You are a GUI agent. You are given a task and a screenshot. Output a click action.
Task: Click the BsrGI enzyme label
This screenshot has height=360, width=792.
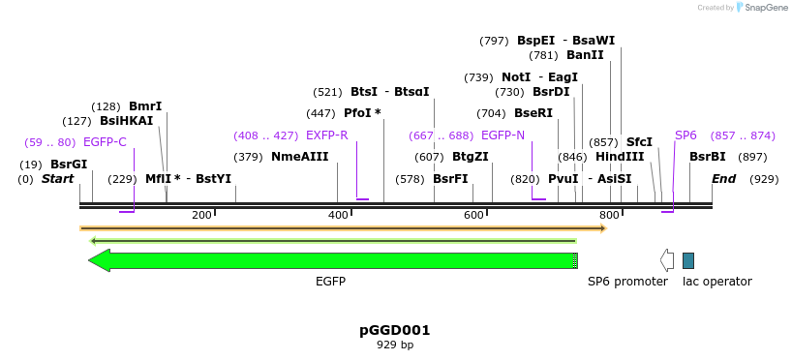[69, 164]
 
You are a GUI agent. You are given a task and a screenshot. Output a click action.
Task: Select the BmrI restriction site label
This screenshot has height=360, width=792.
[145, 105]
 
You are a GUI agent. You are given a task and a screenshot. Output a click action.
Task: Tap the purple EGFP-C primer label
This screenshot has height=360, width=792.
[105, 142]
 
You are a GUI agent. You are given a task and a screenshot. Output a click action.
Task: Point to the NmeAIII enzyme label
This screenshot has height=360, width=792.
[300, 157]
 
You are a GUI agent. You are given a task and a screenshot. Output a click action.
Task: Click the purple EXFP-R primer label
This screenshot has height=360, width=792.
[326, 135]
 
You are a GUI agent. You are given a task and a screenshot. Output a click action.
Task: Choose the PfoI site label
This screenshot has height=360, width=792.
[362, 113]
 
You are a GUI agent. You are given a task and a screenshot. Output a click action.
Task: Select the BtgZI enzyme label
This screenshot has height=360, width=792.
[471, 157]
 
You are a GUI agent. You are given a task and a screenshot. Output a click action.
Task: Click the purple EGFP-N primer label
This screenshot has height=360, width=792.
[503, 135]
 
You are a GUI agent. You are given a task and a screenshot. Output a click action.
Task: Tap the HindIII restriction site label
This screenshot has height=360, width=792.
[620, 157]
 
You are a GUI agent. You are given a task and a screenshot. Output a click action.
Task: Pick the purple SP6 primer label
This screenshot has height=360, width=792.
[685, 135]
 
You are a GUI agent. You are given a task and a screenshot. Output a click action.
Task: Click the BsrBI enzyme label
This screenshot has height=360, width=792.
[708, 157]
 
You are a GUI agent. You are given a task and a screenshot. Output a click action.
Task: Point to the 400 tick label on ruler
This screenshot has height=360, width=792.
[338, 215]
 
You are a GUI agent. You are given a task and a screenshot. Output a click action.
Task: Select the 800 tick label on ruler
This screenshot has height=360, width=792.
[609, 215]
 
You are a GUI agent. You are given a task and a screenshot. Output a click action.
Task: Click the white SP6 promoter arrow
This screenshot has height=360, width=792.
[667, 260]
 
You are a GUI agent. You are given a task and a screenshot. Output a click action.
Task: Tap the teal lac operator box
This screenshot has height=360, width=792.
[688, 260]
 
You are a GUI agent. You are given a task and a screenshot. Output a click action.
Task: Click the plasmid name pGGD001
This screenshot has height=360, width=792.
[395, 330]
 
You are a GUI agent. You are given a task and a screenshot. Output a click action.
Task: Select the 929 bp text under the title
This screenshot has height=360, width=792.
[395, 345]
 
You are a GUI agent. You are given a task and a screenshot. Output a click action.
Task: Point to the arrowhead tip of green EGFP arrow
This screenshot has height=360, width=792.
[90, 260]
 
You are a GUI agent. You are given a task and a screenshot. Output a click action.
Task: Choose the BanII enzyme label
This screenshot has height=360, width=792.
[585, 55]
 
